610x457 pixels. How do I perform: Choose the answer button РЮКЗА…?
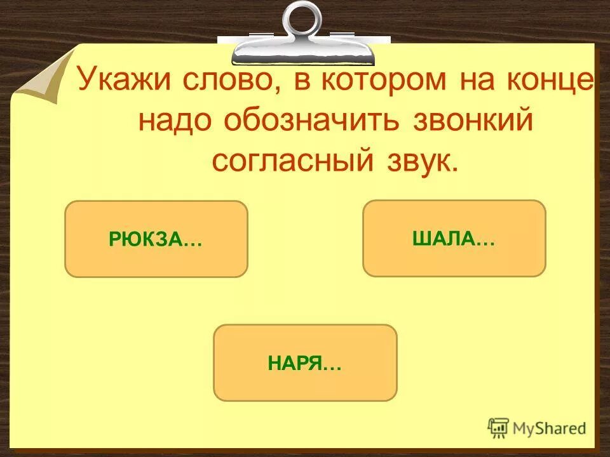click(156, 239)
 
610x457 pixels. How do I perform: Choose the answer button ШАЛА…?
click(454, 239)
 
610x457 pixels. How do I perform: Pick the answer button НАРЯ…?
click(305, 362)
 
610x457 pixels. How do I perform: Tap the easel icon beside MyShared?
click(498, 427)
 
